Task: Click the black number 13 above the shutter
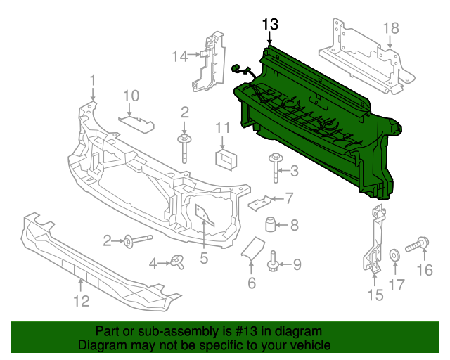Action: pyautogui.click(x=271, y=25)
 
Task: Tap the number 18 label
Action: pyautogui.click(x=390, y=28)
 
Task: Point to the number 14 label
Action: pyautogui.click(x=180, y=56)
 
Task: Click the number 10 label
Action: pyautogui.click(x=131, y=96)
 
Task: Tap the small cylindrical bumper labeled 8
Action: pyautogui.click(x=270, y=225)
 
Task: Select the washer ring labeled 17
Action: pyautogui.click(x=395, y=253)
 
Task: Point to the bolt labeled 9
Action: pyautogui.click(x=274, y=264)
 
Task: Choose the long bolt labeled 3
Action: pyautogui.click(x=275, y=169)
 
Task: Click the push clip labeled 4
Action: pyautogui.click(x=176, y=262)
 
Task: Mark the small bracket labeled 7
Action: pyautogui.click(x=259, y=202)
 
